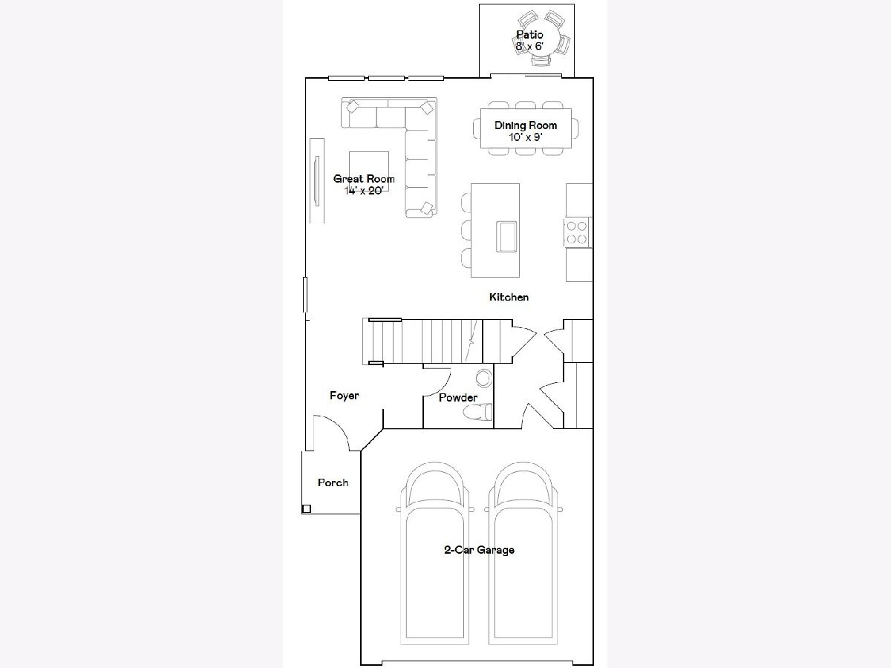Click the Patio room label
click(529, 34)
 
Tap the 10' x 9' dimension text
click(526, 137)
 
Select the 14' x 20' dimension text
click(364, 190)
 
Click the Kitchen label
click(509, 298)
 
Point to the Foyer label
click(345, 396)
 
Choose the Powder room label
click(458, 398)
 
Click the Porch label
click(333, 482)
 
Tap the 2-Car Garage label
click(479, 550)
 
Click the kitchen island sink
click(506, 237)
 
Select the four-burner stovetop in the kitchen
click(577, 232)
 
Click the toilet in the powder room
click(477, 412)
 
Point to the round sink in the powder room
click(484, 378)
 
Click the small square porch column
click(307, 508)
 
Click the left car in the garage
click(435, 554)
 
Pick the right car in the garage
click(523, 554)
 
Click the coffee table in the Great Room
click(369, 171)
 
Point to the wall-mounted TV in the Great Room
click(317, 181)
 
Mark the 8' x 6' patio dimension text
click(529, 46)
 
